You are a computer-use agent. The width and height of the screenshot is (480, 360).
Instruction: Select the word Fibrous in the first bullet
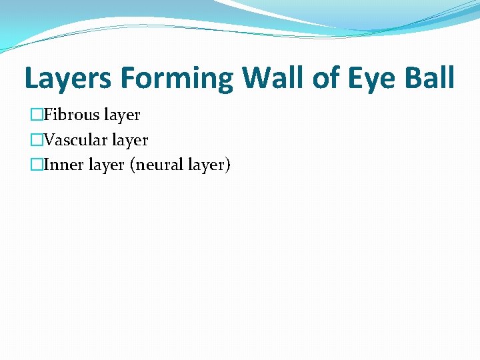click(x=71, y=115)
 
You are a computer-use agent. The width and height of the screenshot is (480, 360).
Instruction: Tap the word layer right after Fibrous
click(x=122, y=115)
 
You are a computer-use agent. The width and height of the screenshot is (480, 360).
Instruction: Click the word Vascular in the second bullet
click(x=75, y=140)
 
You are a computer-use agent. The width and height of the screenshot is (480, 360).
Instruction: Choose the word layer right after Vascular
click(x=130, y=141)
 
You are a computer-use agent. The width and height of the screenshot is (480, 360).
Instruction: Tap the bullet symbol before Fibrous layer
click(x=37, y=115)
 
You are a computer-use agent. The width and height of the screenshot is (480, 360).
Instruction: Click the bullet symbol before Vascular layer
click(x=37, y=141)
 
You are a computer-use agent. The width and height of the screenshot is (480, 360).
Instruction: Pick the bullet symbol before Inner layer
click(x=37, y=165)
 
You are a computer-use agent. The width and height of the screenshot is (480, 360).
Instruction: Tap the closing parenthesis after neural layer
click(x=227, y=165)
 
